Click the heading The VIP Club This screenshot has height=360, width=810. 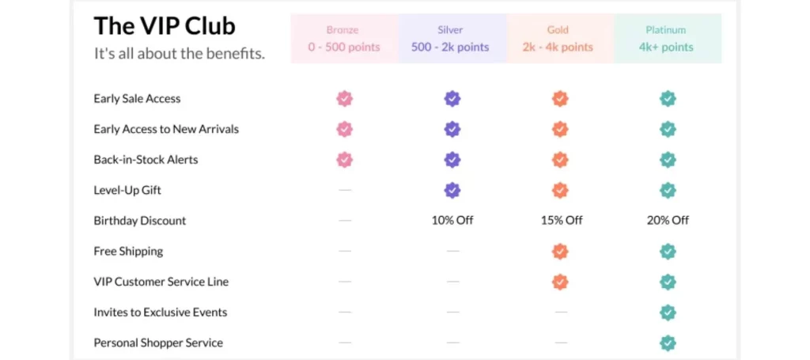[165, 26]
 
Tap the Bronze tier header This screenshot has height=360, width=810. [344, 38]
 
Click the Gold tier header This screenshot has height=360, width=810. [558, 38]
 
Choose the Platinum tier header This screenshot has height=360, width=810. [666, 38]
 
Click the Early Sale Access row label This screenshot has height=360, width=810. [137, 99]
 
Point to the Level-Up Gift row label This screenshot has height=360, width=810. [127, 190]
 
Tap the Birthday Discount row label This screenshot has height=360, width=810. [140, 221]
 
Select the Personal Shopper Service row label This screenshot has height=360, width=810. [158, 343]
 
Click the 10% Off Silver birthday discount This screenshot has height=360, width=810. [452, 221]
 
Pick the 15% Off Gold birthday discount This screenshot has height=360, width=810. [561, 221]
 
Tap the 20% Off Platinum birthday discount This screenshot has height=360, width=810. [668, 221]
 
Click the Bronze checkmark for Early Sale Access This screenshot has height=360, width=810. [345, 99]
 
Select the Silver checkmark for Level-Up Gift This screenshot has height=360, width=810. [452, 190]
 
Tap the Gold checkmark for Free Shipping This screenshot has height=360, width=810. [560, 252]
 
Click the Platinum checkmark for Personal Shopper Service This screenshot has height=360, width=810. [668, 343]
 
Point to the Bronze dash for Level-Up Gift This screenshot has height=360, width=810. [345, 190]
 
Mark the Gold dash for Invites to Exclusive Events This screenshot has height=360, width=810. [561, 313]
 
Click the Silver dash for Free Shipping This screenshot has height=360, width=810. [452, 252]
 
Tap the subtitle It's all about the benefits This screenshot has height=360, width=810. [180, 54]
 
